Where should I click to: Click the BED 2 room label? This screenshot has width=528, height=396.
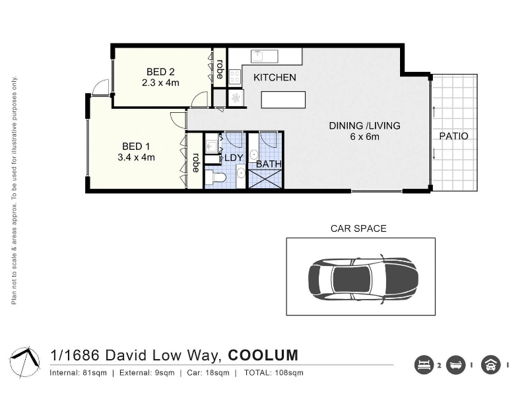[160, 72]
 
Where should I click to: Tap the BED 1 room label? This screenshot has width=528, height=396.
[136, 147]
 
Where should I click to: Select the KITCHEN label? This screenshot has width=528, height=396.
[275, 77]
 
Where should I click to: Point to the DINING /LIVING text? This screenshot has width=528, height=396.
[365, 125]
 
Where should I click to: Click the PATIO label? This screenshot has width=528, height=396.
[453, 136]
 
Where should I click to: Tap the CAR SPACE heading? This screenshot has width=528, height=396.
[358, 228]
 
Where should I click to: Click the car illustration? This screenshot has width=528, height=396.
[364, 279]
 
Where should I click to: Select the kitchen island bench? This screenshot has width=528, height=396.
[284, 100]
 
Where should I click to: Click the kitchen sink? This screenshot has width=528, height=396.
[265, 56]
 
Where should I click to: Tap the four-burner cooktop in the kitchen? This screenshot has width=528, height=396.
[235, 77]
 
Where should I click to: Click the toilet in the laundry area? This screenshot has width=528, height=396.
[216, 178]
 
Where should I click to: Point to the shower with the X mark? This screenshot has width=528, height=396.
[265, 178]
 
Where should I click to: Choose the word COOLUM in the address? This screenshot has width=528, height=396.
[263, 355]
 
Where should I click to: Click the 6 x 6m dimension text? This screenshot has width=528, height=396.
[365, 137]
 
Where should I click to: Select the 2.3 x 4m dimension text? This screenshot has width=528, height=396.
[160, 82]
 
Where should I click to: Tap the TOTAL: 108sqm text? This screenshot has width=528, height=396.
[274, 373]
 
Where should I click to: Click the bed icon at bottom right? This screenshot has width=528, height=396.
[424, 365]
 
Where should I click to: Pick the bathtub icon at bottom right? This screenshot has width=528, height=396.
[456, 365]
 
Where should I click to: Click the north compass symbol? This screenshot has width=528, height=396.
[25, 362]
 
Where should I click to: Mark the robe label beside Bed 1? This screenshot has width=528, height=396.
[195, 163]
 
